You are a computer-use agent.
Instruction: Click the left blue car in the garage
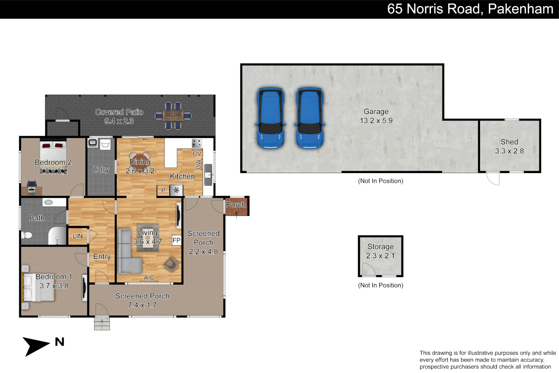click(271, 118)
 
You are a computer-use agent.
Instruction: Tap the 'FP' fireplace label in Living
click(176, 240)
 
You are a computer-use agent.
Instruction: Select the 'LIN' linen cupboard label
click(78, 236)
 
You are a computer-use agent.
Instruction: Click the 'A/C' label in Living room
click(149, 278)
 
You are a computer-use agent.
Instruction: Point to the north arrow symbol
click(36, 346)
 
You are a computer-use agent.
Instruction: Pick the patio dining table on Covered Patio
click(173, 116)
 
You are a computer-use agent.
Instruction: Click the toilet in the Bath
click(27, 235)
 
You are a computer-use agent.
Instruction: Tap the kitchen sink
click(208, 175)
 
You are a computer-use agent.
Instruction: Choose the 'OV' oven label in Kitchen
click(197, 153)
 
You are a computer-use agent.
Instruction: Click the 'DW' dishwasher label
click(198, 164)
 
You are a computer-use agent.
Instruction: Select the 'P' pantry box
click(163, 190)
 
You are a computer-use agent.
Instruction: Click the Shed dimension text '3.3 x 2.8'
click(509, 151)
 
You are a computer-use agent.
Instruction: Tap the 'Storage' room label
click(380, 247)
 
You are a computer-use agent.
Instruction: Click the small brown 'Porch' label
click(236, 205)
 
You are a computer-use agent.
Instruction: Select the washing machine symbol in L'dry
click(105, 144)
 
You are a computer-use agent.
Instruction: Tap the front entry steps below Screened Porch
click(102, 324)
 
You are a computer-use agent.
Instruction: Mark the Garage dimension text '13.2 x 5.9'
click(376, 121)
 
